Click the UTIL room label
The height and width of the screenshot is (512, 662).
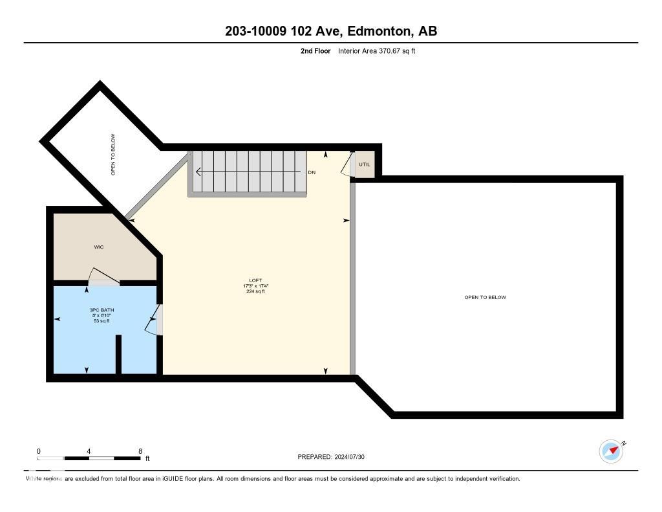364,164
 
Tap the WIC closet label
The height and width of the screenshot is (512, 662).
99,247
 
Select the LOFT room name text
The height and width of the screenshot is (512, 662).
255,280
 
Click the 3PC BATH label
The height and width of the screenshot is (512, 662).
101,310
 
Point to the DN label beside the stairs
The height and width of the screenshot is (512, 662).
312,172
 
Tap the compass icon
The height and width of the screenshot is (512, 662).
611,451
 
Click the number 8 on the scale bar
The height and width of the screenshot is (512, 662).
140,451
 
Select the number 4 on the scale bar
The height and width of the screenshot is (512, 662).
89,451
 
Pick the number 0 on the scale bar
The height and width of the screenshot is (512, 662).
39,451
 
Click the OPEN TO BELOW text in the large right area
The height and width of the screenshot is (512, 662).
485,297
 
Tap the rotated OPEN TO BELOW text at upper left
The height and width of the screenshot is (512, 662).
113,155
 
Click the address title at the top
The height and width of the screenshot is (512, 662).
330,31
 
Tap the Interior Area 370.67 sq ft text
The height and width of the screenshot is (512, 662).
376,51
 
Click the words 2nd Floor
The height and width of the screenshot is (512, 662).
315,51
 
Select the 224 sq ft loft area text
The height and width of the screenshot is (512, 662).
255,291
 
